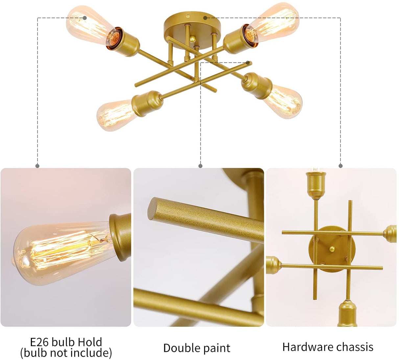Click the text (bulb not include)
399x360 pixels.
click(66, 353)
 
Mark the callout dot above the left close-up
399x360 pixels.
click(38, 166)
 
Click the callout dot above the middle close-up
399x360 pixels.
click(201, 166)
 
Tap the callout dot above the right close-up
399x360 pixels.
click(340, 166)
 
